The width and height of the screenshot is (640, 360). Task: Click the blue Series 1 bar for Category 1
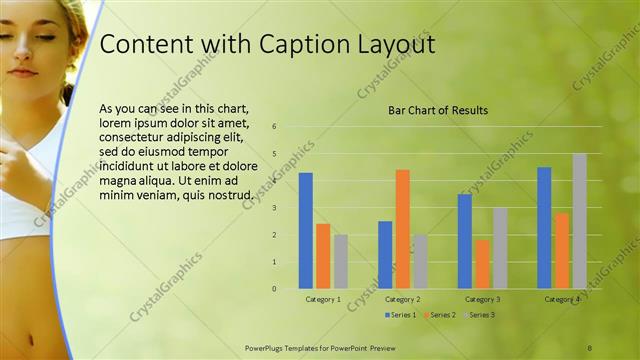point(306,231)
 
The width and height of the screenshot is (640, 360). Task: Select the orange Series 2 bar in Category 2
point(402,229)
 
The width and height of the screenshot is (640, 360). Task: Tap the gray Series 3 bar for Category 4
point(580,221)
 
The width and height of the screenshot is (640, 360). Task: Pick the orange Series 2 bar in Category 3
point(482,264)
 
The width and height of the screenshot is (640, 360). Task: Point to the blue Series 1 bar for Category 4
point(544,228)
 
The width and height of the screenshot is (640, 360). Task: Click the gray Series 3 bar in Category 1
point(340,262)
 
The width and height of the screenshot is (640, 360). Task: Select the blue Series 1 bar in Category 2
point(385,255)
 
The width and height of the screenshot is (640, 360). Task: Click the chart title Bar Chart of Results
point(438,110)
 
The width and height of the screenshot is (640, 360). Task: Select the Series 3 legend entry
point(481,315)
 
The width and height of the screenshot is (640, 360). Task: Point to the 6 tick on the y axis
point(274,127)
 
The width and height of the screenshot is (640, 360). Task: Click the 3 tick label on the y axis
point(274,208)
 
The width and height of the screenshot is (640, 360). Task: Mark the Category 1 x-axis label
point(322,299)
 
